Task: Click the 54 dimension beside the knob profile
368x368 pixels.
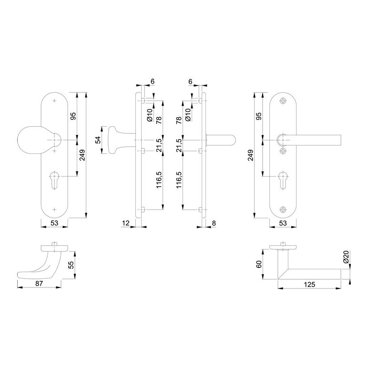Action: tap(99, 140)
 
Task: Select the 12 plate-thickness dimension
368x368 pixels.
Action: tap(125, 223)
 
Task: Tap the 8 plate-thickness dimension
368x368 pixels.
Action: tap(214, 223)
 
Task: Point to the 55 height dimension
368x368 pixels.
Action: tap(71, 265)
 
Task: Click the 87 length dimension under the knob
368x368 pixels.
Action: tap(39, 284)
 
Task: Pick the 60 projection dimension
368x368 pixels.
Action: tap(259, 264)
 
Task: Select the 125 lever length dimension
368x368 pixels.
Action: tap(309, 285)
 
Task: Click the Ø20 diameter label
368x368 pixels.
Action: tap(346, 257)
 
